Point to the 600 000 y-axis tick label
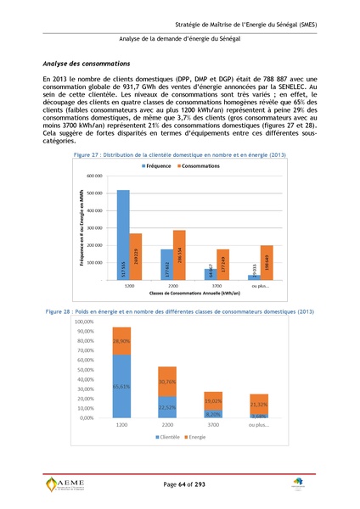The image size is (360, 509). tap(93, 176)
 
